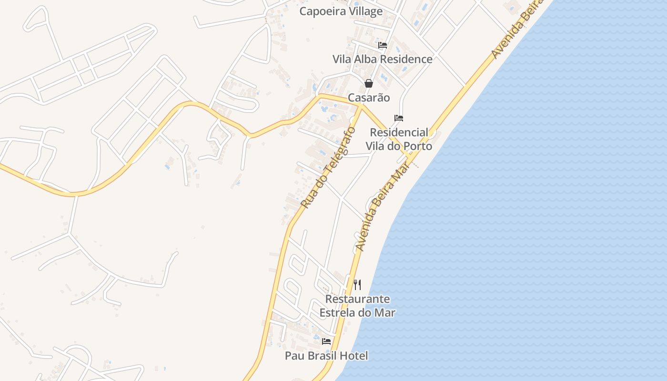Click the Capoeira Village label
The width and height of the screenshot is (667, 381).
[x=341, y=11]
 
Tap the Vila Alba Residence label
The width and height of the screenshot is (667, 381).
[x=382, y=59]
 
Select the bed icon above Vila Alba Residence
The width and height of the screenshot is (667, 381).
[x=383, y=45]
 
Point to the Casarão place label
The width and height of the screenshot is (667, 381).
[x=369, y=98]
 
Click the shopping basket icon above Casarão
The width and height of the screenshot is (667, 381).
[x=369, y=83]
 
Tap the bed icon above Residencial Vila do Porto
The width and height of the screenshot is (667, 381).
[x=399, y=118]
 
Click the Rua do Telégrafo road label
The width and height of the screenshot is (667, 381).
[x=328, y=167]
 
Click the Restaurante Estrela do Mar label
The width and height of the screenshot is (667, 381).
[x=357, y=306]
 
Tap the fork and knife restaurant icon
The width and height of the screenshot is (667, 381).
[x=357, y=285]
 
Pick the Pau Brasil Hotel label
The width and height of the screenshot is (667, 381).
[x=326, y=356]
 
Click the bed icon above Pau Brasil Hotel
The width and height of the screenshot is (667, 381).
[x=326, y=341]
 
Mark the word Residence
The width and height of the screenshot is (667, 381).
[x=408, y=59]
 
